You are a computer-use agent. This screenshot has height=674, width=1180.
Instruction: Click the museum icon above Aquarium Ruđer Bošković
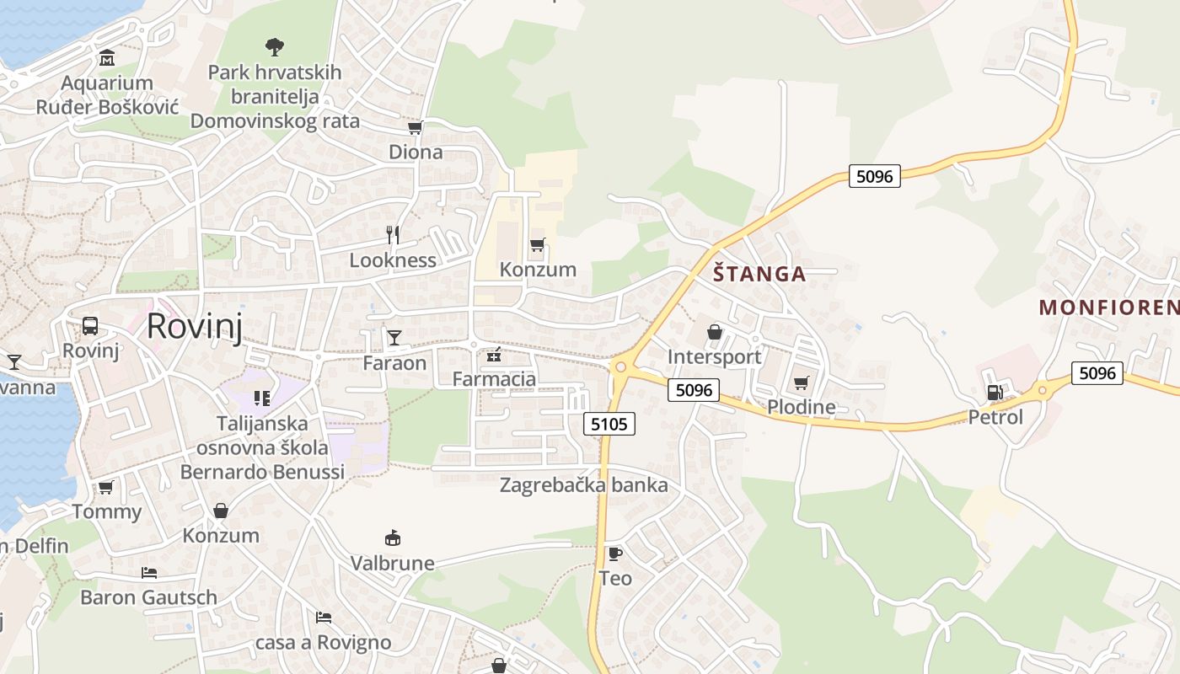(107, 58)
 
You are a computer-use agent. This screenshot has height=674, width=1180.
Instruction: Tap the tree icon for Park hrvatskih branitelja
(274, 46)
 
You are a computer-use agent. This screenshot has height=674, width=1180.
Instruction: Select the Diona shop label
(416, 152)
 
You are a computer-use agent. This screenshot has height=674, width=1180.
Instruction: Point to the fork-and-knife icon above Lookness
(393, 235)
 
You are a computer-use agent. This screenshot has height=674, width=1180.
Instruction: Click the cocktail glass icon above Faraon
(394, 338)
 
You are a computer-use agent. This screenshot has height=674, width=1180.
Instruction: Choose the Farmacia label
(494, 379)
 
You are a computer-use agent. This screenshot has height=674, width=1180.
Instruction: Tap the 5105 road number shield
(609, 424)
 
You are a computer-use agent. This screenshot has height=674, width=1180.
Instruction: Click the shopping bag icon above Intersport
(715, 332)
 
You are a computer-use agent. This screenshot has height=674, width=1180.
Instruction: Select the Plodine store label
(802, 408)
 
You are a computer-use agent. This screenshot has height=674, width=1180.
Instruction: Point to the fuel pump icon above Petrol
(995, 392)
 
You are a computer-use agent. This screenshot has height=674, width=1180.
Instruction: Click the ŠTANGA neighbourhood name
(759, 274)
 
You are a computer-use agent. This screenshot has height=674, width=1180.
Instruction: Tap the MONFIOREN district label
(1109, 308)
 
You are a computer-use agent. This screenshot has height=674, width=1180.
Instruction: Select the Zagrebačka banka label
(583, 485)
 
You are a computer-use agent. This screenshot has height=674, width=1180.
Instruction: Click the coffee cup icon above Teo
(615, 554)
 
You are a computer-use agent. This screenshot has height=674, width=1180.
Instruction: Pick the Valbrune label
(393, 563)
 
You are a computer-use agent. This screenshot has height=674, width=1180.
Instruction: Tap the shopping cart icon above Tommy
(106, 487)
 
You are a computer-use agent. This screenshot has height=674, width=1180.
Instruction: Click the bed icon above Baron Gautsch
(149, 573)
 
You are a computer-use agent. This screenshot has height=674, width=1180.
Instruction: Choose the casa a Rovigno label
(324, 643)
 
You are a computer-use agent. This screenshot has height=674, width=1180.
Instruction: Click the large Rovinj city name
(194, 326)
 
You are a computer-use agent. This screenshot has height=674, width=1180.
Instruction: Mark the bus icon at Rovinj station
(90, 326)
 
